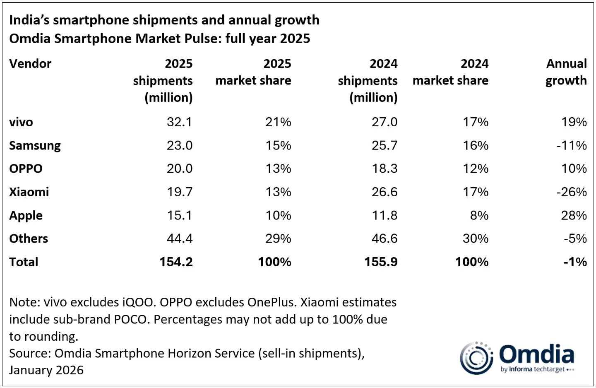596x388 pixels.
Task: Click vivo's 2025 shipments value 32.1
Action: tap(179, 122)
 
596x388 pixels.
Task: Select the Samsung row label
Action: tap(35, 146)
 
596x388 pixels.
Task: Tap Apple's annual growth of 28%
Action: tap(574, 215)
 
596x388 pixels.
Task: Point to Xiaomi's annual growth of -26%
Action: tap(571, 192)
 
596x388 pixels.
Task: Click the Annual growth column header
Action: tap(566, 72)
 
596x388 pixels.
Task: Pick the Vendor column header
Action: tap(30, 64)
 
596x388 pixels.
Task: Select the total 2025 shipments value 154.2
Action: tap(176, 262)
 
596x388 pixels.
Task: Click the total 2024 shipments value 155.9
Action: tap(381, 262)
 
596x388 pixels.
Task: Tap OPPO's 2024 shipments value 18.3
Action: tap(385, 169)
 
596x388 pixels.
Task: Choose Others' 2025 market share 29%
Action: tap(278, 239)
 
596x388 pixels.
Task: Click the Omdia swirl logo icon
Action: tap(476, 358)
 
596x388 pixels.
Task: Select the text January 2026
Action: tap(46, 370)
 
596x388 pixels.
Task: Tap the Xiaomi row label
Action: tap(29, 192)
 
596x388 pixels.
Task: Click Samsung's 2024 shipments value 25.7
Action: tap(385, 146)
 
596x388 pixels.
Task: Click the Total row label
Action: tap(24, 262)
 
